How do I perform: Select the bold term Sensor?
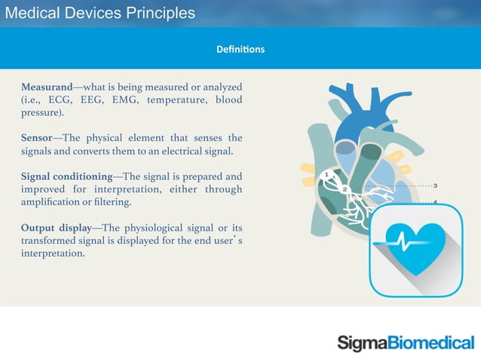(38, 137)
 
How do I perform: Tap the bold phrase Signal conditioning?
(66, 175)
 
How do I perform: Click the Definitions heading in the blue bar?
(240, 50)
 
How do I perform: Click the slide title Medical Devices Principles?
(100, 13)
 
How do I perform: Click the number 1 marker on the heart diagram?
(326, 175)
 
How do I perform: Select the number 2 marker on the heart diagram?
(345, 189)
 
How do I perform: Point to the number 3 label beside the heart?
(437, 185)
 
